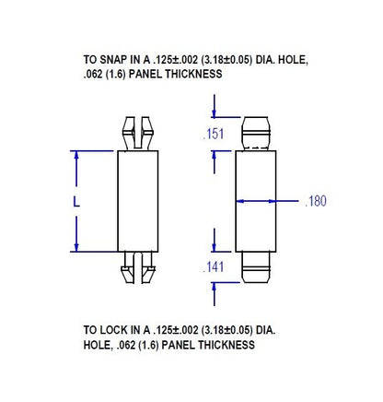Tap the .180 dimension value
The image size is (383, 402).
[x=316, y=201]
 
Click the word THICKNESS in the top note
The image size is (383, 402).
[x=191, y=74]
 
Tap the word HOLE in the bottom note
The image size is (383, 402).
[x=98, y=345]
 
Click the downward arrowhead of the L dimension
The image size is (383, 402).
[x=75, y=247]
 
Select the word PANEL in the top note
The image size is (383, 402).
[x=142, y=74]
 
